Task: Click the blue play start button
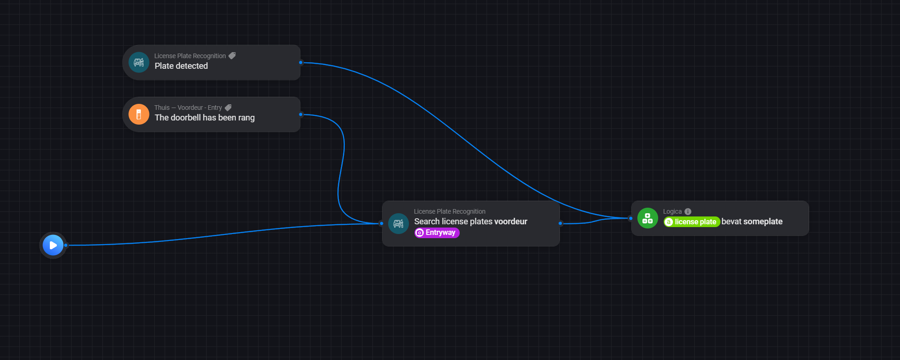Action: (x=53, y=245)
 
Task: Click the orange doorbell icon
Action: (x=139, y=114)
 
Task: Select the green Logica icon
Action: (x=648, y=218)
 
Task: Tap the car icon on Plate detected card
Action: (x=139, y=62)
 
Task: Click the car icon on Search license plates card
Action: (x=398, y=224)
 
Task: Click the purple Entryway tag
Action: (x=437, y=233)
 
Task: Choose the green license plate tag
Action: (x=691, y=222)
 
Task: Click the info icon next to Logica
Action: (x=688, y=211)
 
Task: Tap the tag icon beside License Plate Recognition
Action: (x=232, y=56)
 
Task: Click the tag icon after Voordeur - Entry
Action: (x=228, y=108)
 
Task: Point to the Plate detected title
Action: (x=181, y=66)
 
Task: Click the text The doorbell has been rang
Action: (x=204, y=118)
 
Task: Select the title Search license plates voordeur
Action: (x=471, y=222)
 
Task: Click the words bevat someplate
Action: (x=752, y=222)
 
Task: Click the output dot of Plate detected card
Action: (x=300, y=62)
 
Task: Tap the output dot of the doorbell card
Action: (x=300, y=114)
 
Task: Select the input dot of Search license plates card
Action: (x=381, y=223)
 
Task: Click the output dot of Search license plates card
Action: (x=560, y=223)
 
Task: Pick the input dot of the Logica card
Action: (x=630, y=218)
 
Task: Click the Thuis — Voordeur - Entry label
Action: (x=188, y=108)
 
